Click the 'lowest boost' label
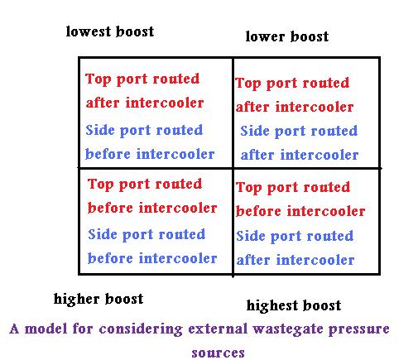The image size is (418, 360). [x=110, y=31]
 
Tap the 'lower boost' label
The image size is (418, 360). [x=287, y=36]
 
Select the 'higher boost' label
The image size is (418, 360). [x=98, y=299]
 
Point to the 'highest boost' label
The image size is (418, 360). [x=294, y=305]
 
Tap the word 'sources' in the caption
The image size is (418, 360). [x=218, y=353]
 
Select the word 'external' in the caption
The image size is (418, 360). [x=218, y=329]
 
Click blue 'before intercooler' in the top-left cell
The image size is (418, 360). [x=150, y=154]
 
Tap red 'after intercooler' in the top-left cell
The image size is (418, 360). [x=145, y=103]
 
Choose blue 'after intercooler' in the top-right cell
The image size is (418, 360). [x=300, y=155]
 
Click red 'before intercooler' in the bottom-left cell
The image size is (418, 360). [x=152, y=208]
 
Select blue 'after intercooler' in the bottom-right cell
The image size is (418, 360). [x=295, y=260]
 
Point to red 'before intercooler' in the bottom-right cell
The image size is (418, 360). [x=300, y=211]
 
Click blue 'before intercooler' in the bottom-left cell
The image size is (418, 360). [x=152, y=258]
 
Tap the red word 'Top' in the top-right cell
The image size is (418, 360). [x=247, y=84]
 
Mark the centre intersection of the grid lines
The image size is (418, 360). [x=233, y=167]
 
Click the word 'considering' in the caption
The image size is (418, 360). [x=141, y=329]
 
